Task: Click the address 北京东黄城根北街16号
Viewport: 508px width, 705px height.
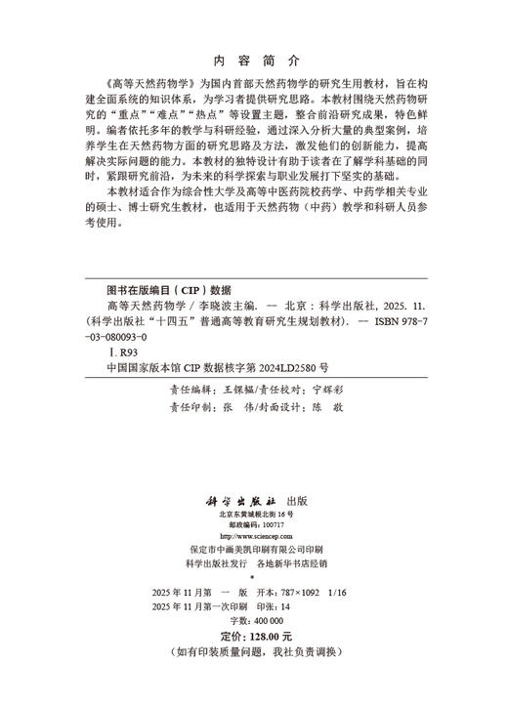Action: point(254,513)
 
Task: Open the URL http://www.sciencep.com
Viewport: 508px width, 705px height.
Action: point(254,536)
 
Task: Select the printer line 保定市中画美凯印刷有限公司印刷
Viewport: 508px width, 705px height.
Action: point(254,550)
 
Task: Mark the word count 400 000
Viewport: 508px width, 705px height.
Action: point(263,620)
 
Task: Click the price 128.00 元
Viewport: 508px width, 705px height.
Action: point(265,636)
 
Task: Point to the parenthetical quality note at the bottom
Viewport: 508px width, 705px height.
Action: point(254,651)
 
